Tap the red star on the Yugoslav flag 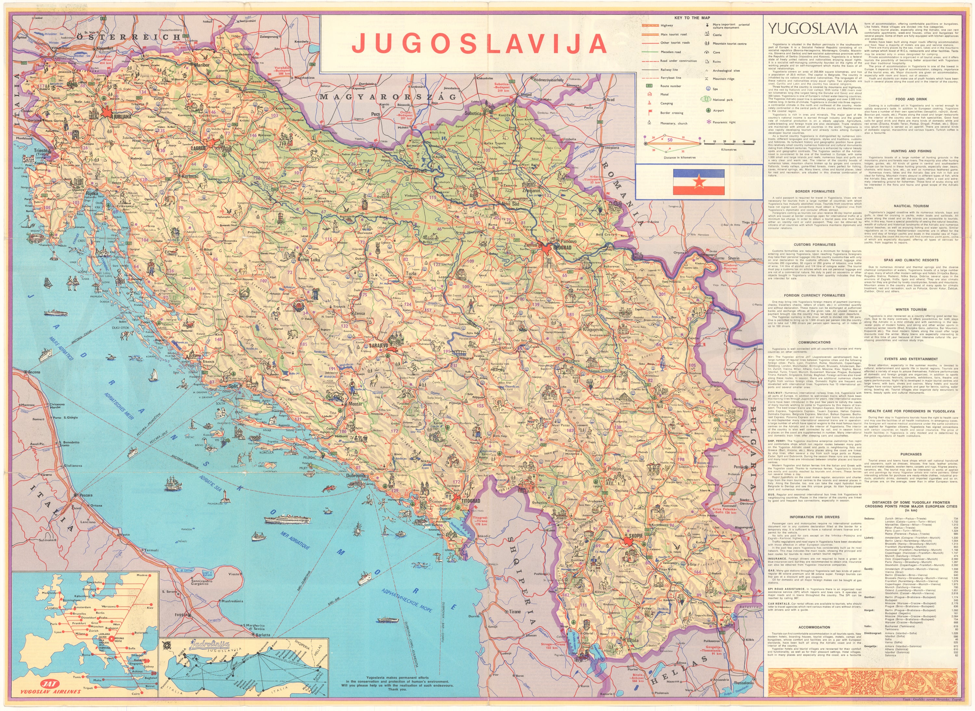point(698,182)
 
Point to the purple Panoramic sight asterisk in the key point(708,122)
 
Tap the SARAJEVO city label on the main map point(379,346)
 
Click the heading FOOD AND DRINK point(910,99)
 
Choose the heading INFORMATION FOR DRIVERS point(814,517)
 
